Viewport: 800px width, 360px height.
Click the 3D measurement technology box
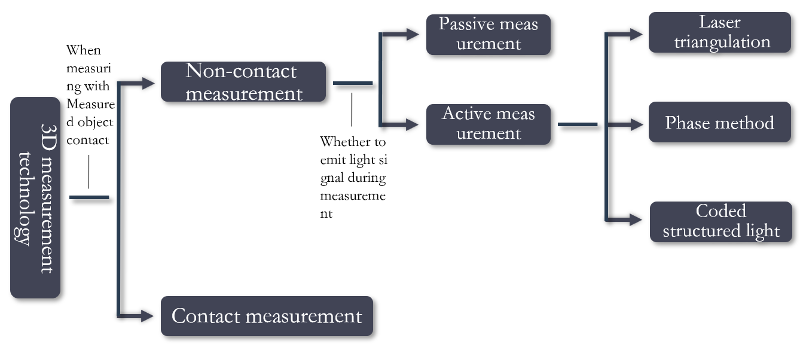tap(35, 197)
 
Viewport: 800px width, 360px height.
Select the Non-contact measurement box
tap(243, 82)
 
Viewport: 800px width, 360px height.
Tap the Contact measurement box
tap(267, 316)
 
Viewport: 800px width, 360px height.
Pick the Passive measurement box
tap(488, 34)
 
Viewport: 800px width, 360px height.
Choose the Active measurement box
tap(488, 124)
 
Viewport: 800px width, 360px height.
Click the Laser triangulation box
tap(720, 32)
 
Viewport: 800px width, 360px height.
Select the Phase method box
tap(720, 123)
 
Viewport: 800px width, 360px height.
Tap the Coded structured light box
tap(721, 221)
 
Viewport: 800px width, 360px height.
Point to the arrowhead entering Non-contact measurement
tap(149, 84)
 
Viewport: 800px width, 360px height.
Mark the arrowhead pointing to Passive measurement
tap(413, 34)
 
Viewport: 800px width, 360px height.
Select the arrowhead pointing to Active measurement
tap(413, 125)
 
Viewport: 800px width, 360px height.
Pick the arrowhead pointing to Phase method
tap(637, 124)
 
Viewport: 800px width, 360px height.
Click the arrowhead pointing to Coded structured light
tap(637, 220)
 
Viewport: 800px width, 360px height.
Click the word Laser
tap(720, 23)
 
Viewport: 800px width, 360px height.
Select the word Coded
tap(721, 211)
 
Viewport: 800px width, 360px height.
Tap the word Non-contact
tap(241, 71)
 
